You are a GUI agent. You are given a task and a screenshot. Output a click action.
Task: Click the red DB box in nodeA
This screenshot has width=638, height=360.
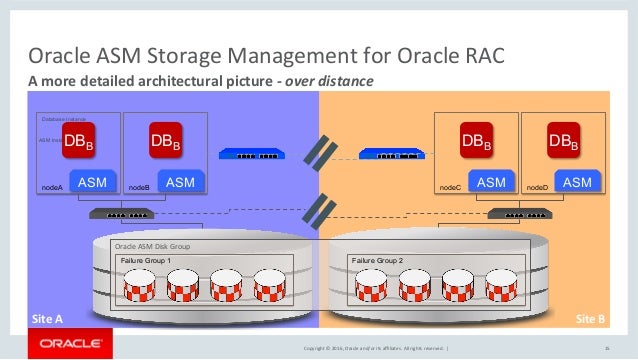point(79,143)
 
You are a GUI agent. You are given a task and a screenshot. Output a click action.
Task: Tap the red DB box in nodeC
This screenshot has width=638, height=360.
point(475,143)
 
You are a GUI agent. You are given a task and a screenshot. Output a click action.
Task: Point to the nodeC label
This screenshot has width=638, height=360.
point(451,187)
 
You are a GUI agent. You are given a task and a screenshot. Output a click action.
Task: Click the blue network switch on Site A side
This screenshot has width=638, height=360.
point(251,154)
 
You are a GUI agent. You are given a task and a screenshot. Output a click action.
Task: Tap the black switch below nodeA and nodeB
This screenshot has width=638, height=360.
point(117,214)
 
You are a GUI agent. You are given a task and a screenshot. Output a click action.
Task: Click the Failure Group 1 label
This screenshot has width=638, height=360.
point(146,260)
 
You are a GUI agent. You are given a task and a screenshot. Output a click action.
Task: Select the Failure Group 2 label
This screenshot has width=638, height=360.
point(377,260)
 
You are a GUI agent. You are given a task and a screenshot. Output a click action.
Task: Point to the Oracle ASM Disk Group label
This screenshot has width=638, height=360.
point(152,246)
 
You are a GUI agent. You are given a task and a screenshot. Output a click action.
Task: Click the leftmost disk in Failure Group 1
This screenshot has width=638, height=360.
point(141,288)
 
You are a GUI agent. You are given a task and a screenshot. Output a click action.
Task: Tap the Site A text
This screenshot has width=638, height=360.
point(46,318)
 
